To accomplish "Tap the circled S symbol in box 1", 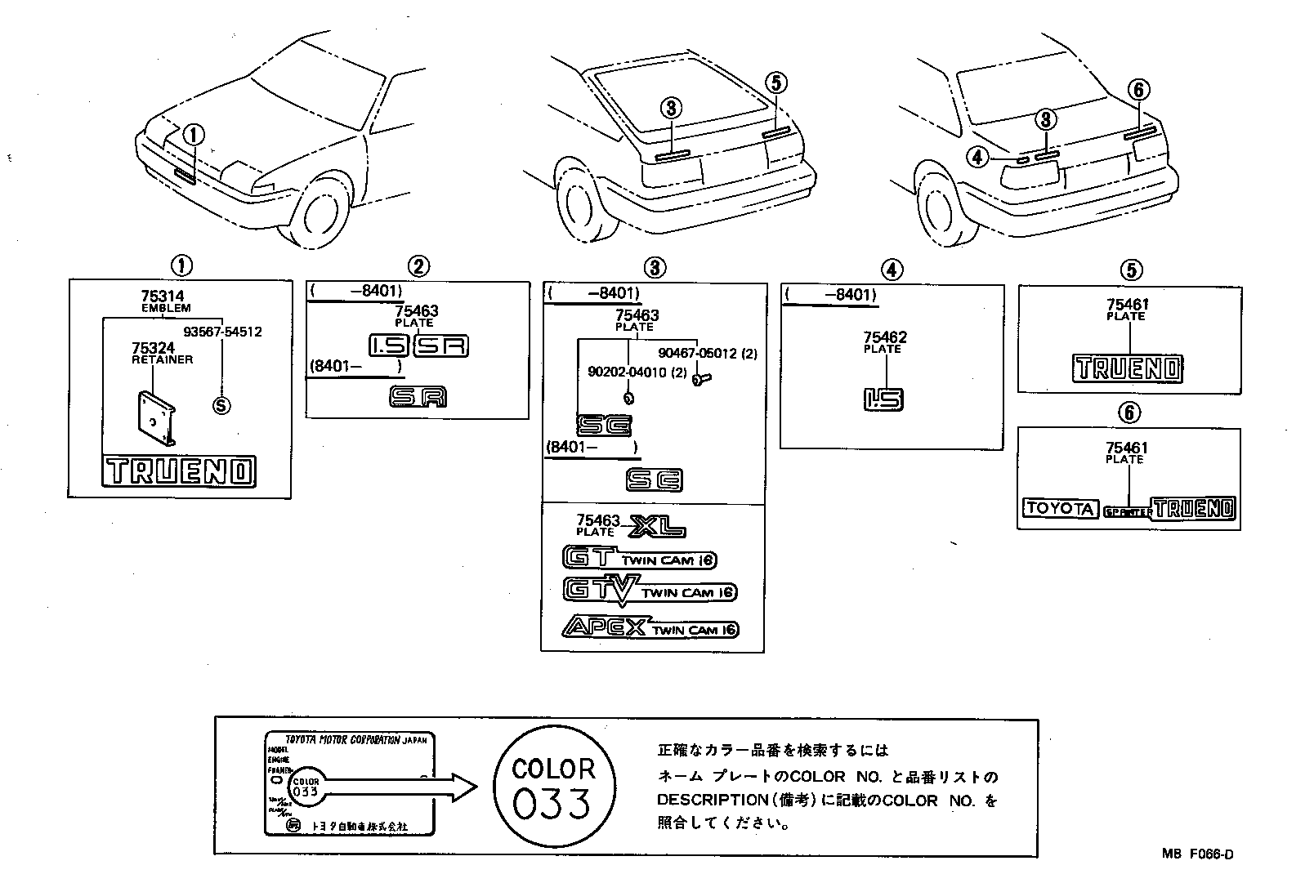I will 221,405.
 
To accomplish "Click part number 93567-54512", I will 222,332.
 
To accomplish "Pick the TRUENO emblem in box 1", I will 179,471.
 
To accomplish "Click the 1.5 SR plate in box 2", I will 418,346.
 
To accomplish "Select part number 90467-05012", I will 708,354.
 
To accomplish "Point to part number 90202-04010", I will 625,372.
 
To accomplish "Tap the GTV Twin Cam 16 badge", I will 650,591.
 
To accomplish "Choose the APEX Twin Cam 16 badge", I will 650,627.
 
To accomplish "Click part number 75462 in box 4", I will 886,337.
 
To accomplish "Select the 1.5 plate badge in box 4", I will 883,399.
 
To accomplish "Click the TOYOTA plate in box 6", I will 1059,508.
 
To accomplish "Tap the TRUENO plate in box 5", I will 1127,368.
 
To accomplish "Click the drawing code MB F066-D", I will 1198,854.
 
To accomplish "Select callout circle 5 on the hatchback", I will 776,82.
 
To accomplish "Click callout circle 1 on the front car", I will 194,136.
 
